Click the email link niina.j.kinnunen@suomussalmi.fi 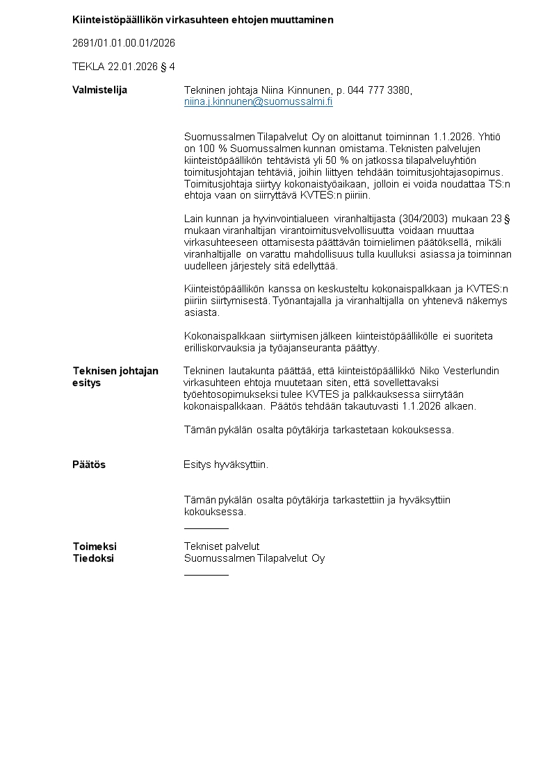pyautogui.click(x=258, y=102)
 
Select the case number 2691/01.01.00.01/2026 pyautogui.click(x=124, y=43)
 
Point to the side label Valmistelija pyautogui.click(x=100, y=90)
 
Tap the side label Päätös pyautogui.click(x=89, y=464)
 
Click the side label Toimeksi pyautogui.click(x=95, y=546)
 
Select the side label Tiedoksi pyautogui.click(x=93, y=558)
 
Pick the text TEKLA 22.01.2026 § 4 pyautogui.click(x=124, y=67)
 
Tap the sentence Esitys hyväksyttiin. pyautogui.click(x=226, y=464)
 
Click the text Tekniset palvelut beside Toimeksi pyautogui.click(x=221, y=546)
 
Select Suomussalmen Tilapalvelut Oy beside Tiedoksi pyautogui.click(x=254, y=558)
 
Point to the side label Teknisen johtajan pyautogui.click(x=115, y=371)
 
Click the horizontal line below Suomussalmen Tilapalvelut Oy pyautogui.click(x=206, y=575)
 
